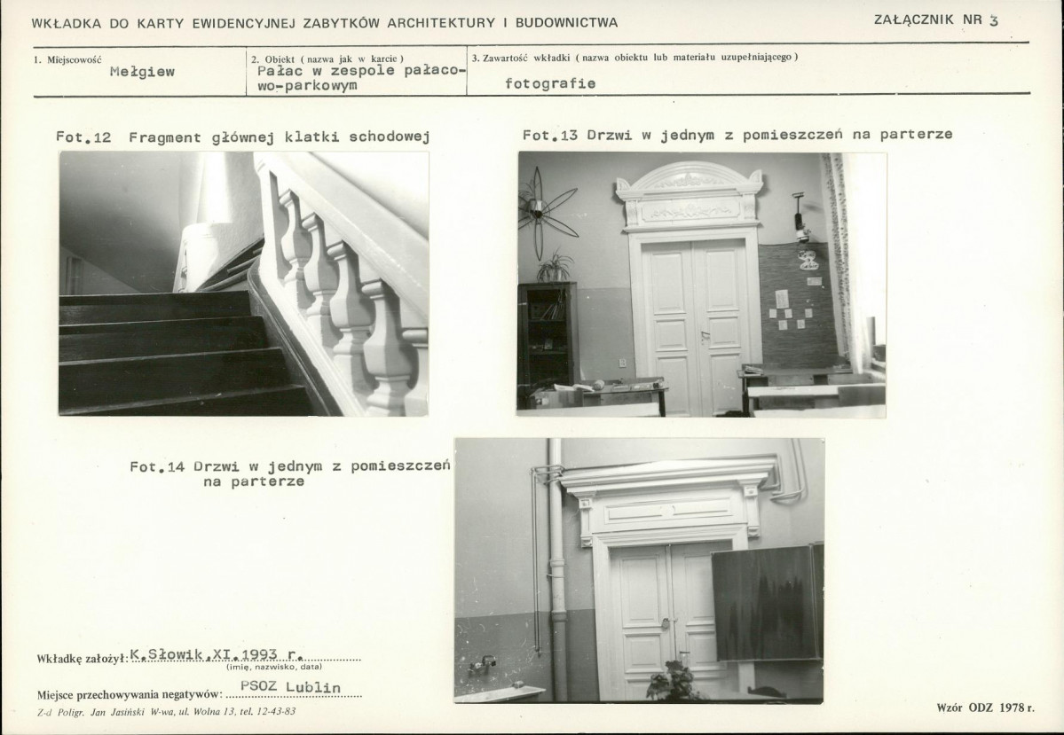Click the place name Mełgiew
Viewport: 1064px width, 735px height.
[142, 72]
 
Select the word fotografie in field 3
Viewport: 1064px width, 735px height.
[550, 83]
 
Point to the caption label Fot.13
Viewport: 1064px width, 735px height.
[549, 135]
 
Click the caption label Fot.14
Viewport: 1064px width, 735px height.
[157, 466]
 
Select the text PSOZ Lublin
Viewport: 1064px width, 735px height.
[290, 686]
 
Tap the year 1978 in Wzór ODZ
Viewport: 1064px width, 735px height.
[1011, 708]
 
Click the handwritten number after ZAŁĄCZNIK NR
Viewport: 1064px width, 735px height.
[994, 20]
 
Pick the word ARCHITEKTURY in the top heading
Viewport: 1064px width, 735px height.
[441, 23]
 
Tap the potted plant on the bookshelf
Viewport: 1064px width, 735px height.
[555, 266]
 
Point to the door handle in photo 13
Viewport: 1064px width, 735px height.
[705, 337]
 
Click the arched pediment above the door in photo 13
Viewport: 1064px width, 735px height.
[690, 176]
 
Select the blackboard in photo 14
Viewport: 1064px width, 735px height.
[767, 603]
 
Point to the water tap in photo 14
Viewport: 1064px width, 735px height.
[483, 664]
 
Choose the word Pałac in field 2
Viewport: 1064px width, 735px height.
[280, 71]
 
